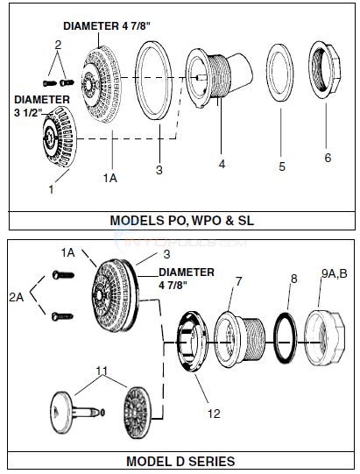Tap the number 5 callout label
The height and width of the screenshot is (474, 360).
click(x=281, y=165)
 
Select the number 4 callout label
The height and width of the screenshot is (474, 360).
click(x=222, y=163)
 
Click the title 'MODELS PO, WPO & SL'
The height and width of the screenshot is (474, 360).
click(x=180, y=221)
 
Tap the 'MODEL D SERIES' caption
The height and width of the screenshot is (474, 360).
click(x=180, y=460)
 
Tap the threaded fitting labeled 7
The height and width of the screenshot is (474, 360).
click(x=238, y=337)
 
